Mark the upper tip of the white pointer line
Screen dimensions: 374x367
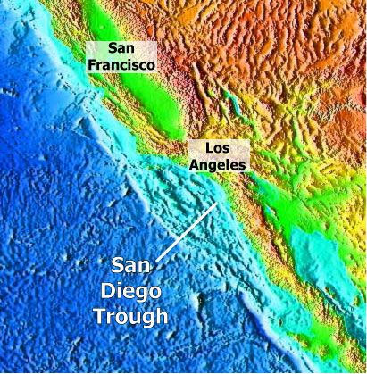pos(217,204)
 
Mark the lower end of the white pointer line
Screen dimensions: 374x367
pos(158,261)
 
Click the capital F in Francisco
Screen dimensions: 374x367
pos(90,65)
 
